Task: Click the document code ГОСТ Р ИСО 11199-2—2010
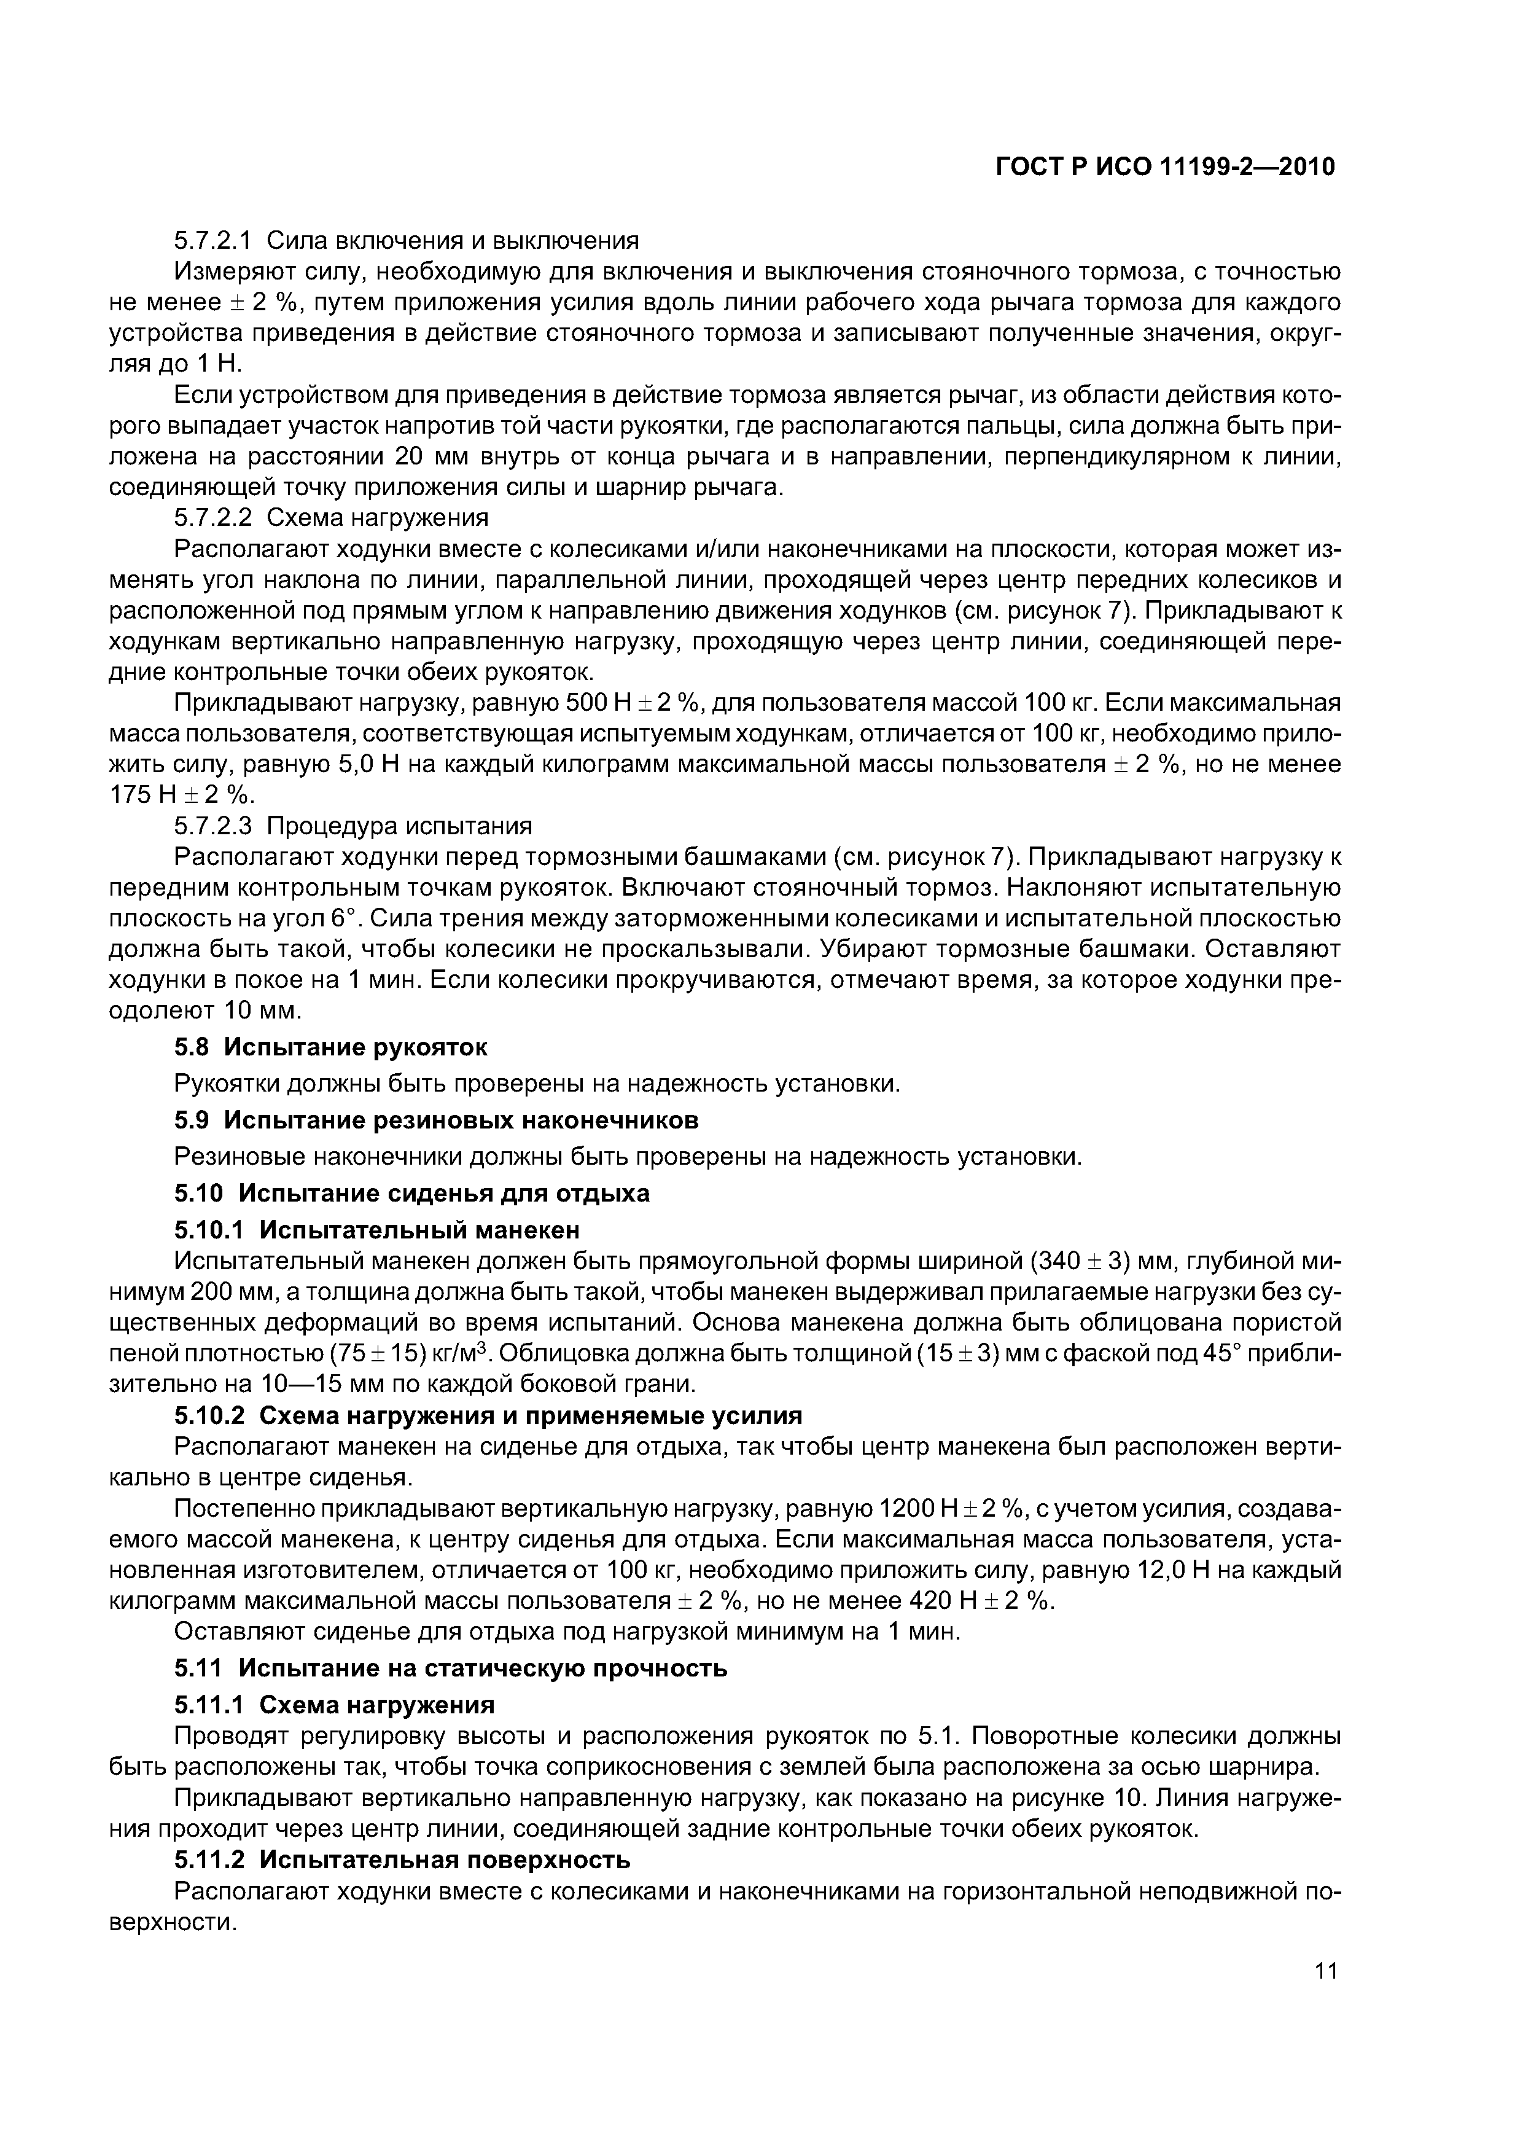click(x=1164, y=167)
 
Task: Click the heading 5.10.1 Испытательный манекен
click(x=377, y=1230)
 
